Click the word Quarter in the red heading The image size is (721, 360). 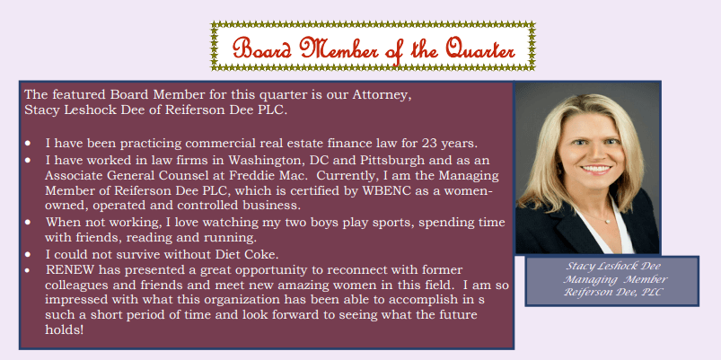479,49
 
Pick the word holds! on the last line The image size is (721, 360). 65,330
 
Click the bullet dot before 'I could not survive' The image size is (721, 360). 28,254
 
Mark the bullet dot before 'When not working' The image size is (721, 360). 28,222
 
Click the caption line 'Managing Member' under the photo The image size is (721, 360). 616,279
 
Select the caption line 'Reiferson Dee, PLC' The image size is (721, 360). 612,292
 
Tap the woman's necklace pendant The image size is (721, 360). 609,221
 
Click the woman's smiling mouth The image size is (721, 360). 596,169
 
